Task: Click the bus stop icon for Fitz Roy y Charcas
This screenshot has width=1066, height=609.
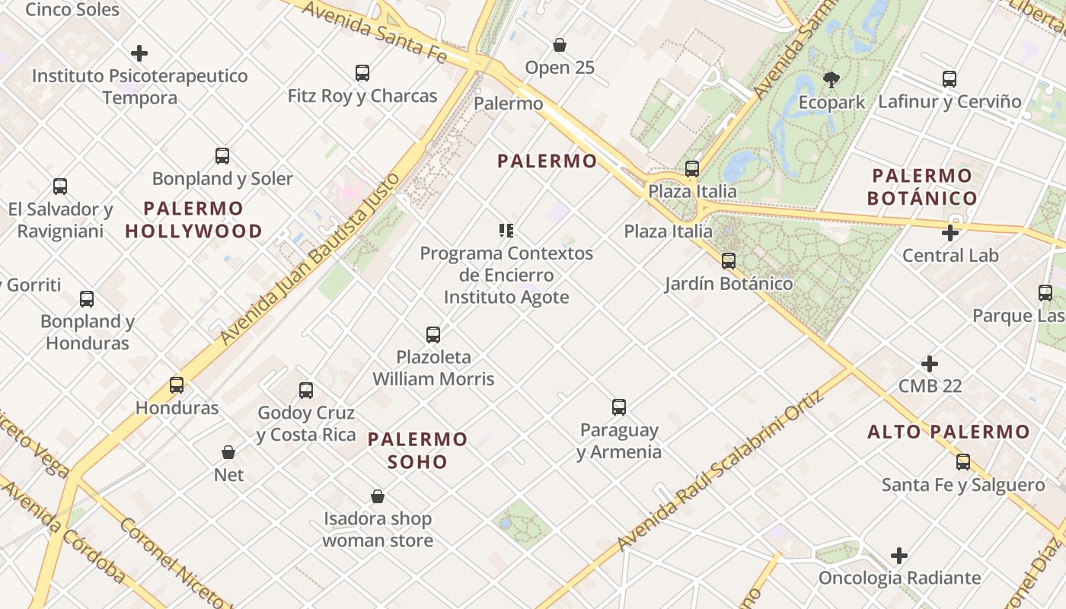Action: pos(362,73)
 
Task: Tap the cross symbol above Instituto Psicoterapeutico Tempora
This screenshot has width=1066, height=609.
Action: pos(139,53)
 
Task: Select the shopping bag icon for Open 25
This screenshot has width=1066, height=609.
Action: pos(560,45)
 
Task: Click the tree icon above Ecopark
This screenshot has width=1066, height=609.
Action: pos(831,79)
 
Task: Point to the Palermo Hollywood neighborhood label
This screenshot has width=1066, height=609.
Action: pos(193,219)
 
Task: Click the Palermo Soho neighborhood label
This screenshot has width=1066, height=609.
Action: pos(417,450)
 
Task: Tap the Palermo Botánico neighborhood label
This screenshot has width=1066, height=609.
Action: pos(922,187)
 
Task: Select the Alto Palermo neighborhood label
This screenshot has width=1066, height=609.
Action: pos(948,432)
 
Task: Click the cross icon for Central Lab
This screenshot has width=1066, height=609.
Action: pos(950,233)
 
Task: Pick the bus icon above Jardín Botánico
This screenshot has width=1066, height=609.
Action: pos(729,261)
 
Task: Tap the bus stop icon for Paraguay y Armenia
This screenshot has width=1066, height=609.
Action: pos(619,407)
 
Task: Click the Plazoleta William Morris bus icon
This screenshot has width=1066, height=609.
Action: pos(433,334)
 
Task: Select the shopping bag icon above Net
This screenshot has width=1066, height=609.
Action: pos(228,452)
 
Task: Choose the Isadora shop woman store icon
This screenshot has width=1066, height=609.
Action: pos(378,496)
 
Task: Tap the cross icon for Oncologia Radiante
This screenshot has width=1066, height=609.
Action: pos(899,556)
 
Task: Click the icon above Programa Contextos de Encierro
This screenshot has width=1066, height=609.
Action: pos(506,231)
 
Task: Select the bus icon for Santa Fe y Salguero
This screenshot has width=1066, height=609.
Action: pos(963,462)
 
